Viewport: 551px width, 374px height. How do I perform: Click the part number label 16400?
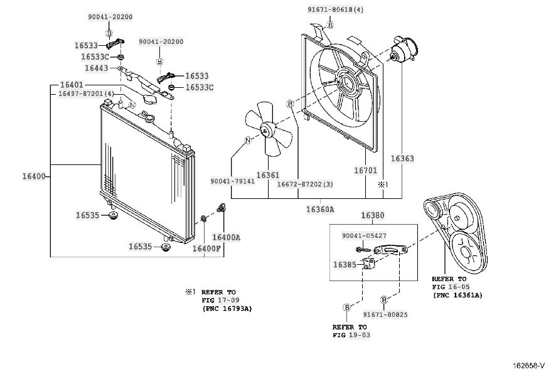(x=34, y=176)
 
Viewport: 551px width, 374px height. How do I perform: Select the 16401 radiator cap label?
(x=72, y=85)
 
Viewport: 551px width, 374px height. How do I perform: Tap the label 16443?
(x=96, y=68)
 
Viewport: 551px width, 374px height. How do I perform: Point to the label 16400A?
(x=227, y=237)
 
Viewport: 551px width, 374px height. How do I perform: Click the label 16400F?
(x=206, y=248)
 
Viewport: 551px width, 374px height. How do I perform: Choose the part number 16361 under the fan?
(x=268, y=174)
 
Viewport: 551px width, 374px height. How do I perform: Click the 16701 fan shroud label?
(x=365, y=171)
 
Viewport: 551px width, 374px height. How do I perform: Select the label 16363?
(x=402, y=159)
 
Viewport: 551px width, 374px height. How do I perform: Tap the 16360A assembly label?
(x=320, y=210)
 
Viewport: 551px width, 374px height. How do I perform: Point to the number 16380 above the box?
(x=373, y=215)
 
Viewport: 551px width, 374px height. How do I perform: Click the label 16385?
(x=345, y=265)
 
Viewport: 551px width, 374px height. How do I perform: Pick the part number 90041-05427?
(x=364, y=236)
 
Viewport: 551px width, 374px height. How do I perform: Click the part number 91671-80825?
(x=385, y=314)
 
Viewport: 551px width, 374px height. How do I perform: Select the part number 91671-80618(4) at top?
(x=336, y=10)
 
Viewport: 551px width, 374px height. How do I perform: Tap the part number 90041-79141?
(x=233, y=181)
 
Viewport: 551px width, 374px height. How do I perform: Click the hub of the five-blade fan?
(x=266, y=131)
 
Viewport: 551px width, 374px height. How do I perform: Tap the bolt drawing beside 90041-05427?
(x=364, y=250)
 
